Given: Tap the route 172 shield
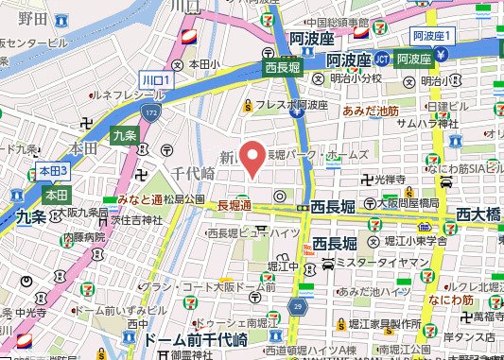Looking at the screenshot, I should point(152,113).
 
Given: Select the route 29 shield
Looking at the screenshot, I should point(301,307).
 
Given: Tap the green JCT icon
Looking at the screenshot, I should point(381,58).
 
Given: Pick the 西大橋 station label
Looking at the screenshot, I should point(478,215).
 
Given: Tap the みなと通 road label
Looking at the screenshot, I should point(140,199).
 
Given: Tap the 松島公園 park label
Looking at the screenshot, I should point(184,199).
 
